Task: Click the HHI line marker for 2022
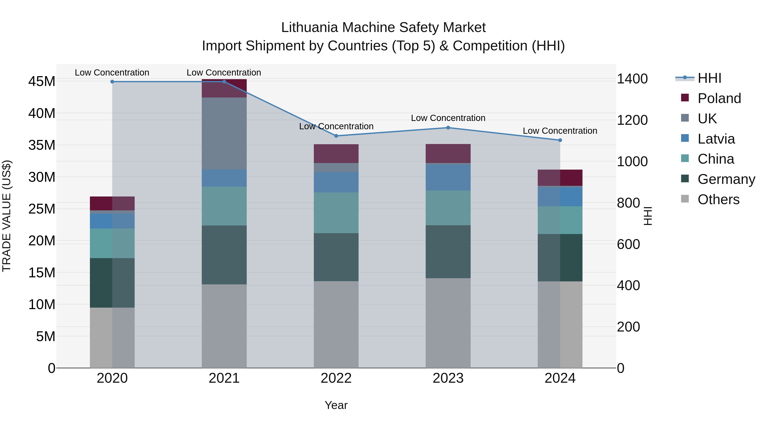pos(336,136)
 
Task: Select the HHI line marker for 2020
pos(112,81)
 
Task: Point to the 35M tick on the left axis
pos(42,145)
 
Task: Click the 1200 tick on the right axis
pos(632,120)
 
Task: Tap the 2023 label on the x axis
pos(448,378)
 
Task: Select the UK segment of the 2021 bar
pos(224,133)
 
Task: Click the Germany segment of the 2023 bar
pos(448,252)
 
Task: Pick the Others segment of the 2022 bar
pos(336,324)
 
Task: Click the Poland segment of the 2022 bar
pos(336,154)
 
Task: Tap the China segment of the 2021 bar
pos(224,206)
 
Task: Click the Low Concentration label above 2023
pos(448,118)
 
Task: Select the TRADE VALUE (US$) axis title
pos(7,216)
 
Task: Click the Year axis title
pos(336,405)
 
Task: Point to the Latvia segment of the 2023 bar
pos(448,177)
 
